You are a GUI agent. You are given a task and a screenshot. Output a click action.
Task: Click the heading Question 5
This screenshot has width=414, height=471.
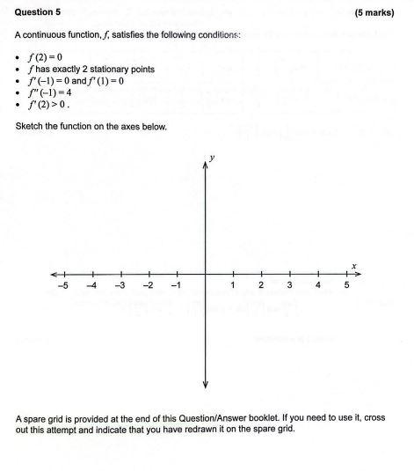pos(39,13)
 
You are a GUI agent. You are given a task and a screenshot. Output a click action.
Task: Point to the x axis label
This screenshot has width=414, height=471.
pos(353,265)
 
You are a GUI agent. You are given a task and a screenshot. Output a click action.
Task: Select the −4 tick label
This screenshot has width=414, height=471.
pos(91,286)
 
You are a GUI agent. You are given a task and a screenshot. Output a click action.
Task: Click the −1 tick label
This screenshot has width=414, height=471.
pos(176,286)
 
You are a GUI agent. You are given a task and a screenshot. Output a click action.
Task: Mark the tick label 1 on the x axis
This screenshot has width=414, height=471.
pos(233,286)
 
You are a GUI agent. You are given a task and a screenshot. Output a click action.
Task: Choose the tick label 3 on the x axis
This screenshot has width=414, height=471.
pos(289,286)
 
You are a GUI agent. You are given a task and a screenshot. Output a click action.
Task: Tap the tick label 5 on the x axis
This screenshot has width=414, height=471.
pos(346,286)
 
